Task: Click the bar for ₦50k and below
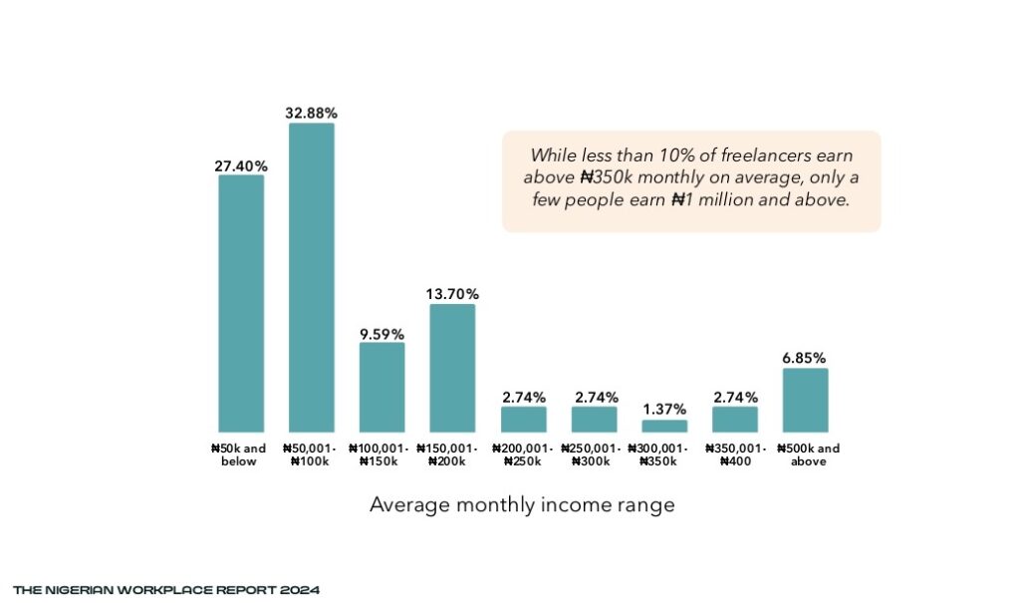tap(241, 303)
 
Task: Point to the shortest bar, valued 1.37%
tap(664, 426)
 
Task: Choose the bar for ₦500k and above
tap(806, 400)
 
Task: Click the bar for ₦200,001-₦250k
tap(524, 419)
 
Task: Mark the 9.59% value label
tap(382, 333)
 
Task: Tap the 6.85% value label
tap(806, 358)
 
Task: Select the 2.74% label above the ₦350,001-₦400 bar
tap(735, 397)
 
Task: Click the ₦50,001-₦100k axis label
tap(312, 455)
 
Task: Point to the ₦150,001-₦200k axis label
tap(452, 455)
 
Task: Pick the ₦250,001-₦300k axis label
tap(594, 455)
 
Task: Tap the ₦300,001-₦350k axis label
tap(664, 455)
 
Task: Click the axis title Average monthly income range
tap(522, 505)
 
